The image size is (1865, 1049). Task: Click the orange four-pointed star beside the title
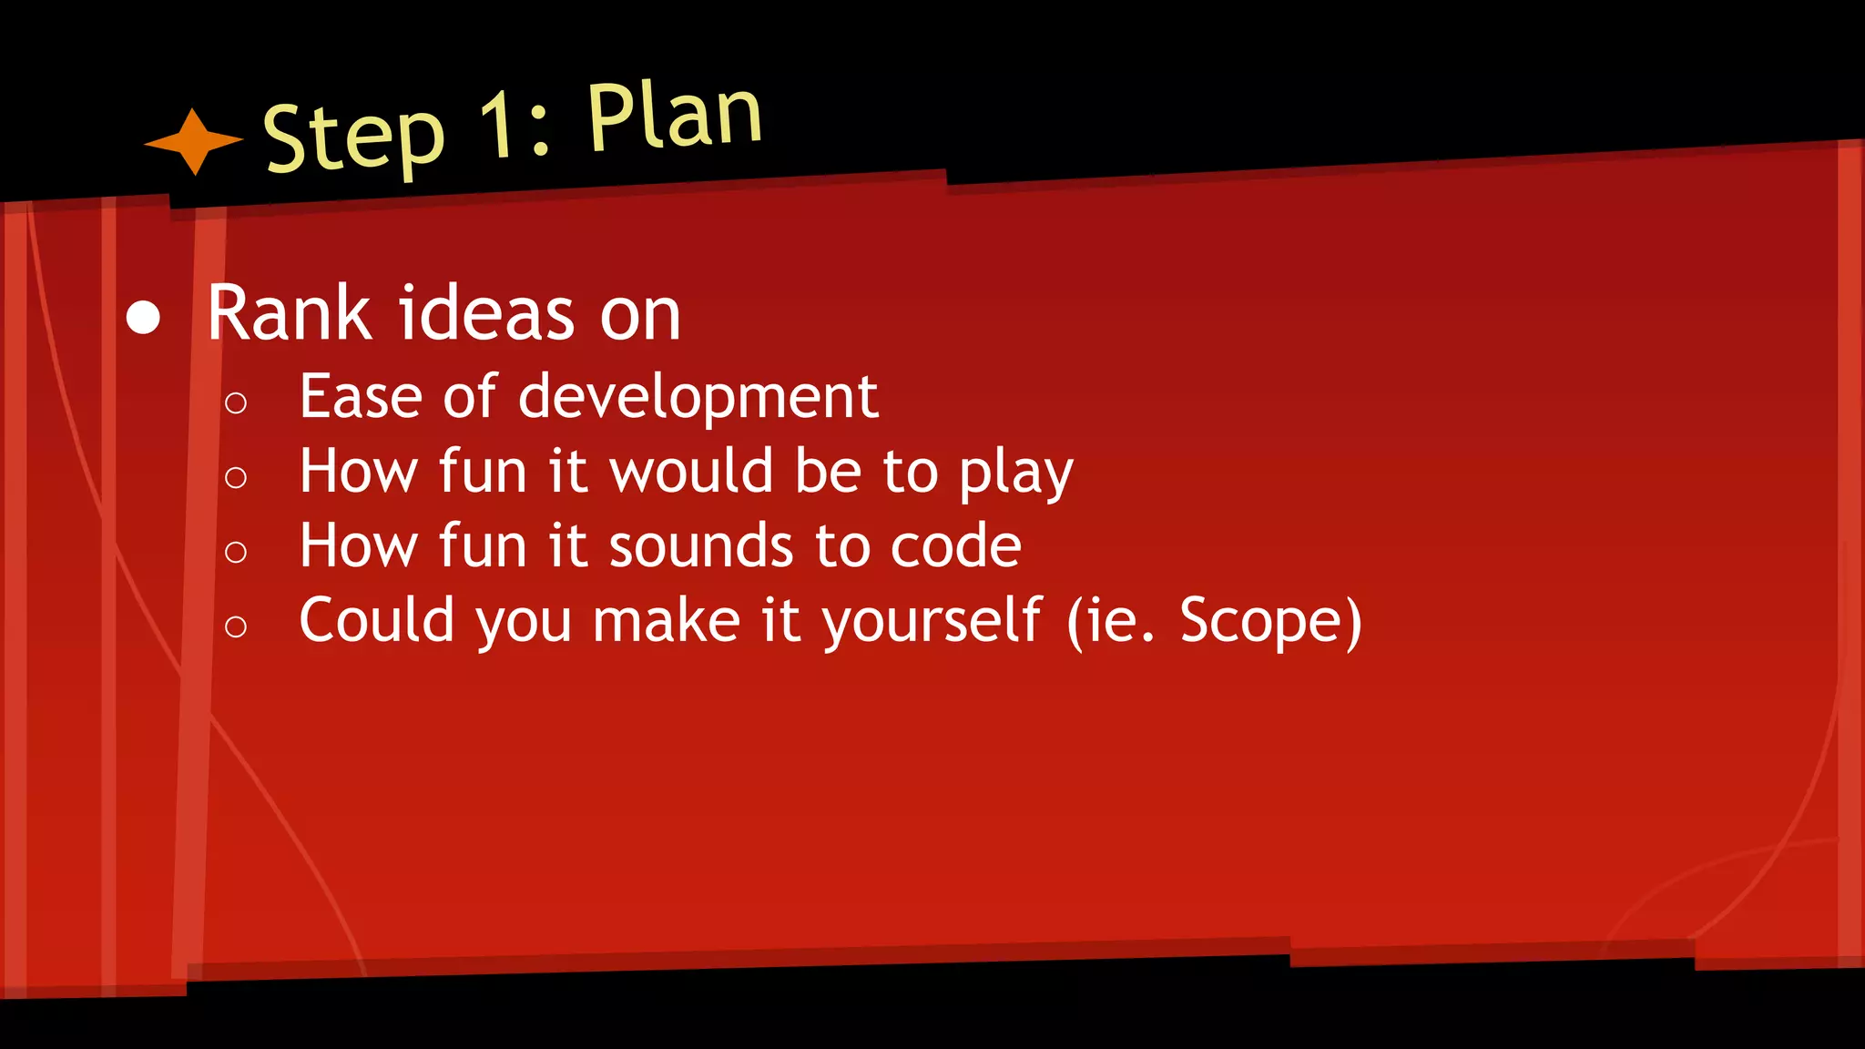tap(194, 142)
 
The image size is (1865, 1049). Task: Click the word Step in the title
tap(353, 137)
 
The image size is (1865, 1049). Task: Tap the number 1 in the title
tap(497, 124)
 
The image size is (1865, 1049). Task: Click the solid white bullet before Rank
tap(143, 318)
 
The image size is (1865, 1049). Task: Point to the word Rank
tap(290, 313)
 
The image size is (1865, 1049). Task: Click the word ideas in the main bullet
tap(488, 313)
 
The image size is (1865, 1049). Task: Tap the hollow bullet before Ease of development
tap(236, 402)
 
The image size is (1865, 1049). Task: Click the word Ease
tap(361, 397)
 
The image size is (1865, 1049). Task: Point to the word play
tap(1015, 474)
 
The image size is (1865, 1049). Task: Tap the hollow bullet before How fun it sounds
tap(236, 552)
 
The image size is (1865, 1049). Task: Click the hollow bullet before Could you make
tap(236, 626)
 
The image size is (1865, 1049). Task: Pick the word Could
tap(376, 621)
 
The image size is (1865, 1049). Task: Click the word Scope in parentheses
tap(1260, 621)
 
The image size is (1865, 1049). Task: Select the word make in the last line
tap(666, 621)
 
